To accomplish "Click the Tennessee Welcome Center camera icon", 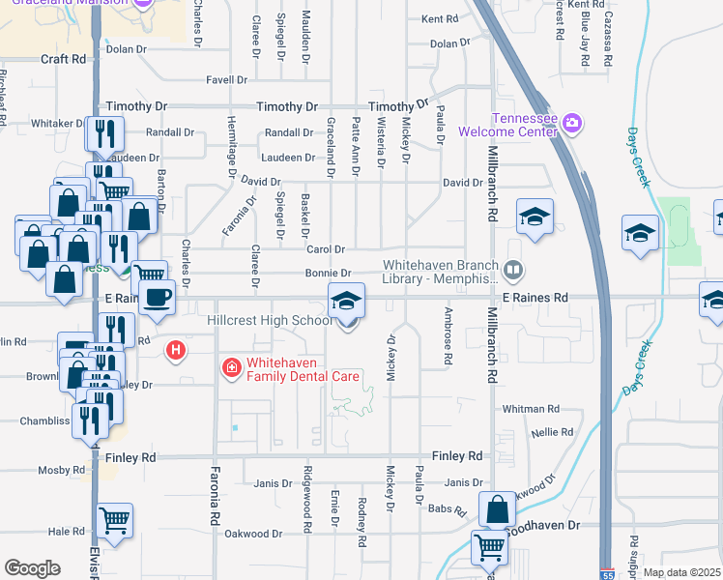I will pyautogui.click(x=571, y=123).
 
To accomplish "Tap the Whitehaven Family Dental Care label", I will pyautogui.click(x=303, y=369).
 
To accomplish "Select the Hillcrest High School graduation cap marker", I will pyautogui.click(x=346, y=302).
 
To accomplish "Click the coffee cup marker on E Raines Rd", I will pyautogui.click(x=157, y=297).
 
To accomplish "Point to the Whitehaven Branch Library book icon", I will pyautogui.click(x=515, y=270).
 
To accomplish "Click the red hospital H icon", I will pyautogui.click(x=176, y=349).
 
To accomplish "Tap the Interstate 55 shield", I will pyautogui.click(x=606, y=573).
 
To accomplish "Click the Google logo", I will pyautogui.click(x=32, y=567).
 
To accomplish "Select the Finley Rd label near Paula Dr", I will pyautogui.click(x=457, y=455).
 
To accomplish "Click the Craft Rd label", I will pyautogui.click(x=63, y=59).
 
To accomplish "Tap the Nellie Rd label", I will pyautogui.click(x=553, y=432).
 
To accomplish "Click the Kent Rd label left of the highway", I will pyautogui.click(x=440, y=18).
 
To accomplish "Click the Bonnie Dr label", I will pyautogui.click(x=328, y=274).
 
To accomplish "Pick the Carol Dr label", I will pyautogui.click(x=326, y=249).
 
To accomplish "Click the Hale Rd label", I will pyautogui.click(x=67, y=532).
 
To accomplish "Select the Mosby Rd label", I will pyautogui.click(x=62, y=470).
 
